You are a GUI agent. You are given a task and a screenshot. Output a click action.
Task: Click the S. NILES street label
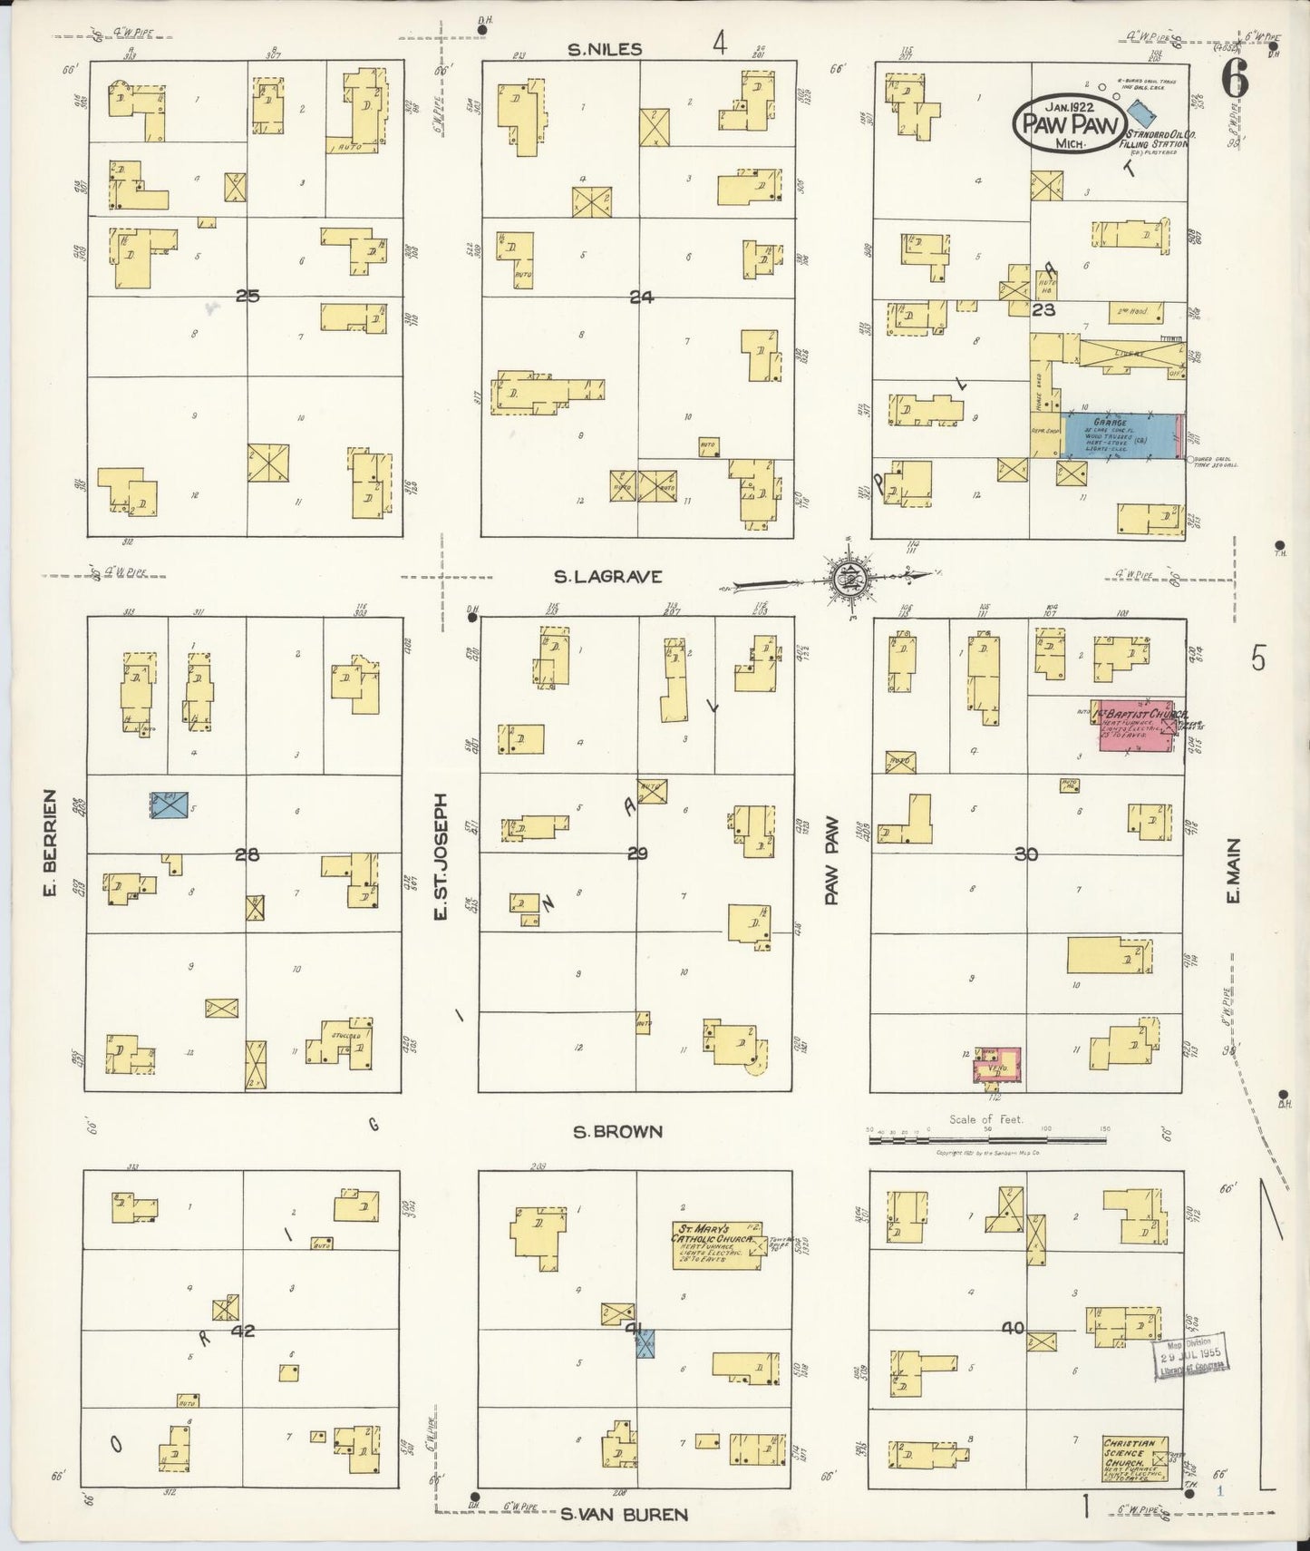point(605,50)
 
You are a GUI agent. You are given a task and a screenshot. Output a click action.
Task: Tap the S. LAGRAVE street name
point(609,576)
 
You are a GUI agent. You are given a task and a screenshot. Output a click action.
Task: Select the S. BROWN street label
point(617,1131)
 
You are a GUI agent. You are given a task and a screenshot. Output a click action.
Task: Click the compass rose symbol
point(850,575)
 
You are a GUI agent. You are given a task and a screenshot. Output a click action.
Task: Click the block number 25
point(247,296)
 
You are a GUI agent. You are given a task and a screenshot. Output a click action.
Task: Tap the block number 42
point(243,1331)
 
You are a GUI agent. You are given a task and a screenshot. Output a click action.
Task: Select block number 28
point(247,854)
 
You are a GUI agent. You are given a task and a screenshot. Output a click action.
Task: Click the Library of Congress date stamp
point(1188,1358)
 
